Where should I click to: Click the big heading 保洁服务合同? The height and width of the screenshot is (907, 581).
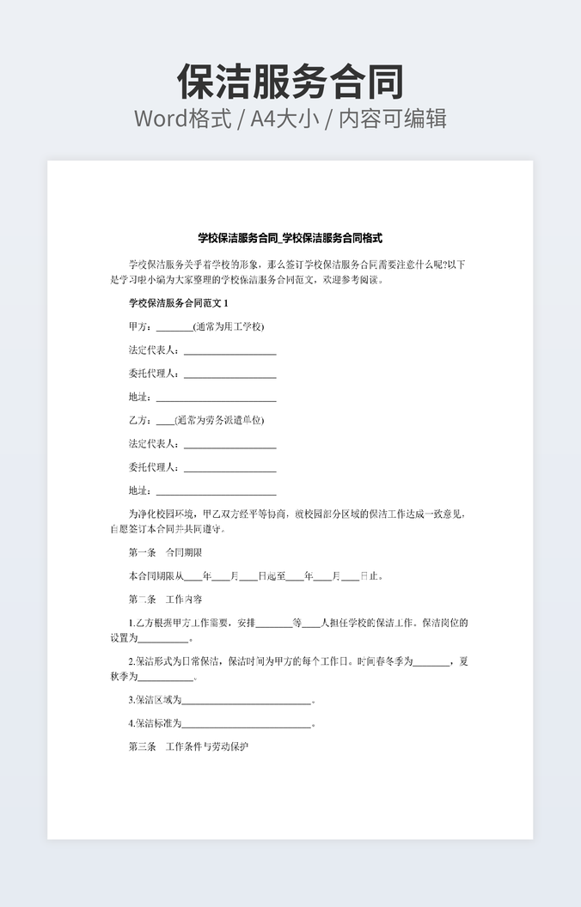tap(290, 82)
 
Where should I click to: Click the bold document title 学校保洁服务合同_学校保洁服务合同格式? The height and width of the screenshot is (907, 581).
tap(290, 238)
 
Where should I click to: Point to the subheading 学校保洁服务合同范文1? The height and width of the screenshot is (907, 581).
tap(179, 303)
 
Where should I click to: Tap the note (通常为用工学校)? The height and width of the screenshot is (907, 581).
tap(229, 326)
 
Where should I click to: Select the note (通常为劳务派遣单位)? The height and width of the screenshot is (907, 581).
tap(219, 420)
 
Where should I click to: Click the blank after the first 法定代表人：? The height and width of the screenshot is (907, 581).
tap(229, 350)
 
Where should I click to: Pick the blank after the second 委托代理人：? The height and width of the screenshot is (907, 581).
tap(229, 468)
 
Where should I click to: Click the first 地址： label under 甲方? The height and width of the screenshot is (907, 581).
tap(139, 397)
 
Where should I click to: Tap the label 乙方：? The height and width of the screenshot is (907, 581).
tap(140, 420)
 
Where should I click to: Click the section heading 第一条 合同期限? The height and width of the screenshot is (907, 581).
tap(165, 552)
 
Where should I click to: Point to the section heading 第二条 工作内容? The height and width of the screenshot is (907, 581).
tap(165, 599)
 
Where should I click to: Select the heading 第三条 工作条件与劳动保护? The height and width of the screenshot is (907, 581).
tap(188, 746)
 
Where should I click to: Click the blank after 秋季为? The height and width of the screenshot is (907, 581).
tap(165, 678)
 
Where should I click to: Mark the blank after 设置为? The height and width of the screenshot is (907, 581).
tap(162, 638)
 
